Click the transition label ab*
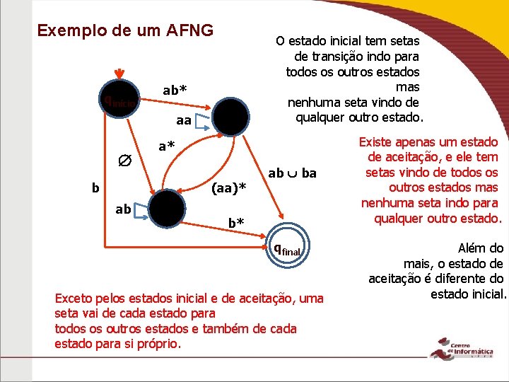point(175,90)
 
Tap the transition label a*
point(167,147)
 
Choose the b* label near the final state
point(236,224)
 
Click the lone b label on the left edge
point(95,188)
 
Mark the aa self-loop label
point(183,121)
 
